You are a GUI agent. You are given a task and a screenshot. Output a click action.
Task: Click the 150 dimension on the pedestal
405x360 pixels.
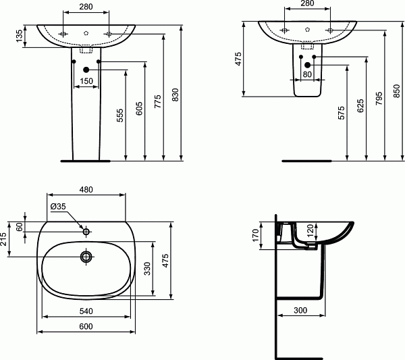coord(86,81)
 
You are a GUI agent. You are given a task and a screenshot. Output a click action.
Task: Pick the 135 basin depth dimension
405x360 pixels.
coord(18,37)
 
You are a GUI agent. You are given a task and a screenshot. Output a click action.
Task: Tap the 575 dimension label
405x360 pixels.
coord(340,115)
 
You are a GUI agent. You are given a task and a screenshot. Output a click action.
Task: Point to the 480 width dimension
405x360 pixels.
coord(86,190)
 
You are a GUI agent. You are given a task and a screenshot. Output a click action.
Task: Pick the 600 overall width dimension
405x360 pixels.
coord(86,326)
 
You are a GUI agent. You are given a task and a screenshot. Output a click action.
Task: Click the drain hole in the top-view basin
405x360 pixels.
coord(86,257)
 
